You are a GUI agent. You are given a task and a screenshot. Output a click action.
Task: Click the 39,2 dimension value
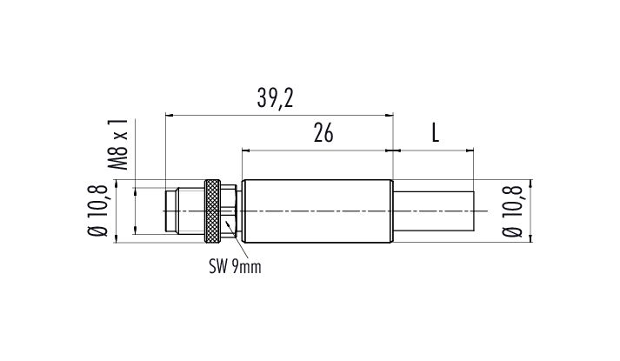coord(276,98)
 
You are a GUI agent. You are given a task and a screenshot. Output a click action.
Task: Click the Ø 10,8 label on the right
coord(513,209)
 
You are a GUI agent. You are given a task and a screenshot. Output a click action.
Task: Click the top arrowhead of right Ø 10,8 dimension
coord(530,184)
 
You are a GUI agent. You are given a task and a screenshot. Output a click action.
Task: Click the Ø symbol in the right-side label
coord(513,231)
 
